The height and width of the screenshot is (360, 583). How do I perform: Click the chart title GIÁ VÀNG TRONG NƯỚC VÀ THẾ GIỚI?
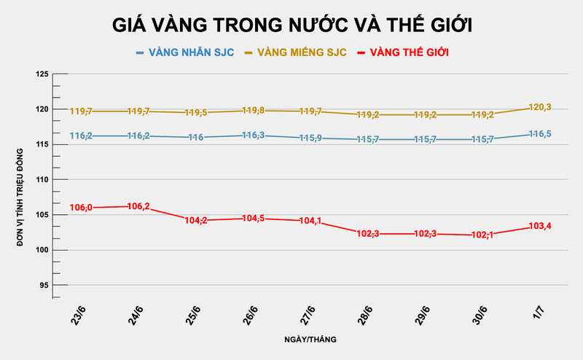click(x=292, y=25)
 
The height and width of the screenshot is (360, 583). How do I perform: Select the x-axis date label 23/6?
click(x=78, y=317)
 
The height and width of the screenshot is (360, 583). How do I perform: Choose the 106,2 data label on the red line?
click(x=138, y=206)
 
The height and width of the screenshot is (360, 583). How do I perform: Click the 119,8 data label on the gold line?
click(x=253, y=111)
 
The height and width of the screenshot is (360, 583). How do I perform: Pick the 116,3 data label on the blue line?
click(x=253, y=136)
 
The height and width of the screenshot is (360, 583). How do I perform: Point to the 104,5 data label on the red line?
click(x=253, y=219)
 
